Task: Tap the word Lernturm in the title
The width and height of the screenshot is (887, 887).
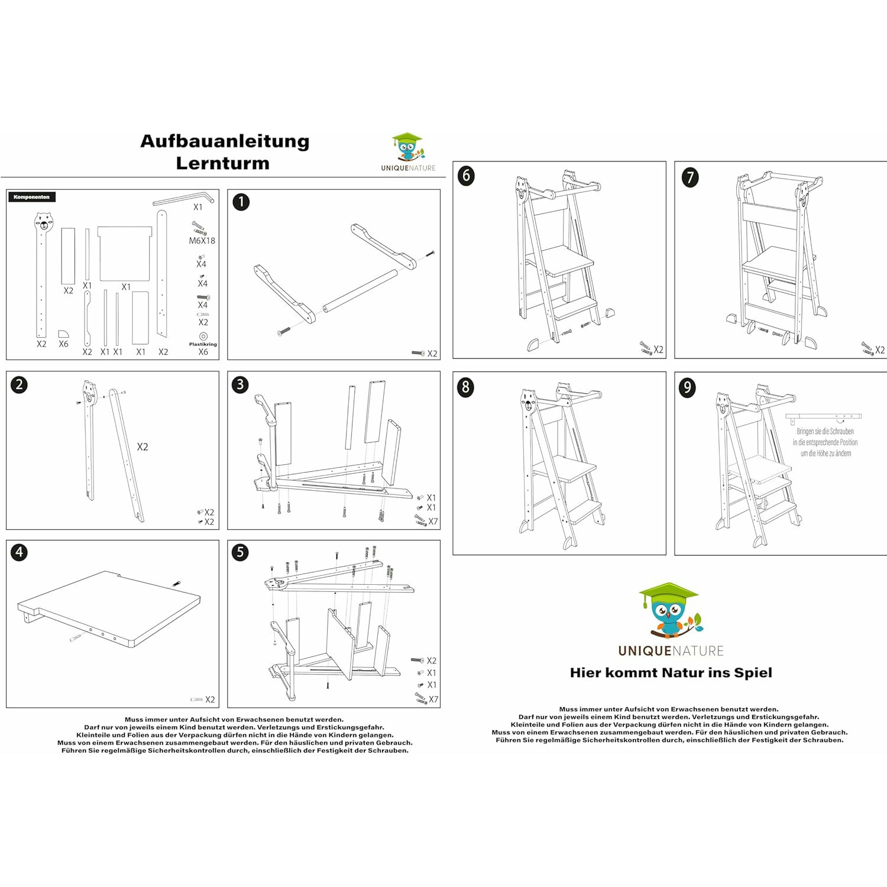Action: point(222,163)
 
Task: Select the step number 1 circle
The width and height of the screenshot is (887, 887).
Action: point(241,202)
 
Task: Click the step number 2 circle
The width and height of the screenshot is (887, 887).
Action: point(20,384)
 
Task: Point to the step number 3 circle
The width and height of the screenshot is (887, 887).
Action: point(240,384)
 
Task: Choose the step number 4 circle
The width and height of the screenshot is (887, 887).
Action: point(20,552)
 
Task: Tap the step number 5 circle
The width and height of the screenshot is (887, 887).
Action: point(240,552)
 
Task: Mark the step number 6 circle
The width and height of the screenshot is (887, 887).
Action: point(466,176)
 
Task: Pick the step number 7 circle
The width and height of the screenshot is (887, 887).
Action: point(690,177)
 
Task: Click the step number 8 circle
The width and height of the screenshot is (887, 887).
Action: point(466,387)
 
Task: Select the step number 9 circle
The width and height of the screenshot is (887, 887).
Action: point(687,387)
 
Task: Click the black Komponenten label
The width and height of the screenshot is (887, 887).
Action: point(32,197)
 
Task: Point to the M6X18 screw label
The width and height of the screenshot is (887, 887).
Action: point(202,241)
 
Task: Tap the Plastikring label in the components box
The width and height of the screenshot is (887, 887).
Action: point(203,344)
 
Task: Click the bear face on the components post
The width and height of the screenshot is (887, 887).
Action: point(43,222)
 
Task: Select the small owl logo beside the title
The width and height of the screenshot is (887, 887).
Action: point(407,147)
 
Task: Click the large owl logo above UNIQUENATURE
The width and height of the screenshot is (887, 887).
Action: point(670,612)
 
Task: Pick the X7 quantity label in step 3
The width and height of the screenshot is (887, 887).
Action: point(433,522)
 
